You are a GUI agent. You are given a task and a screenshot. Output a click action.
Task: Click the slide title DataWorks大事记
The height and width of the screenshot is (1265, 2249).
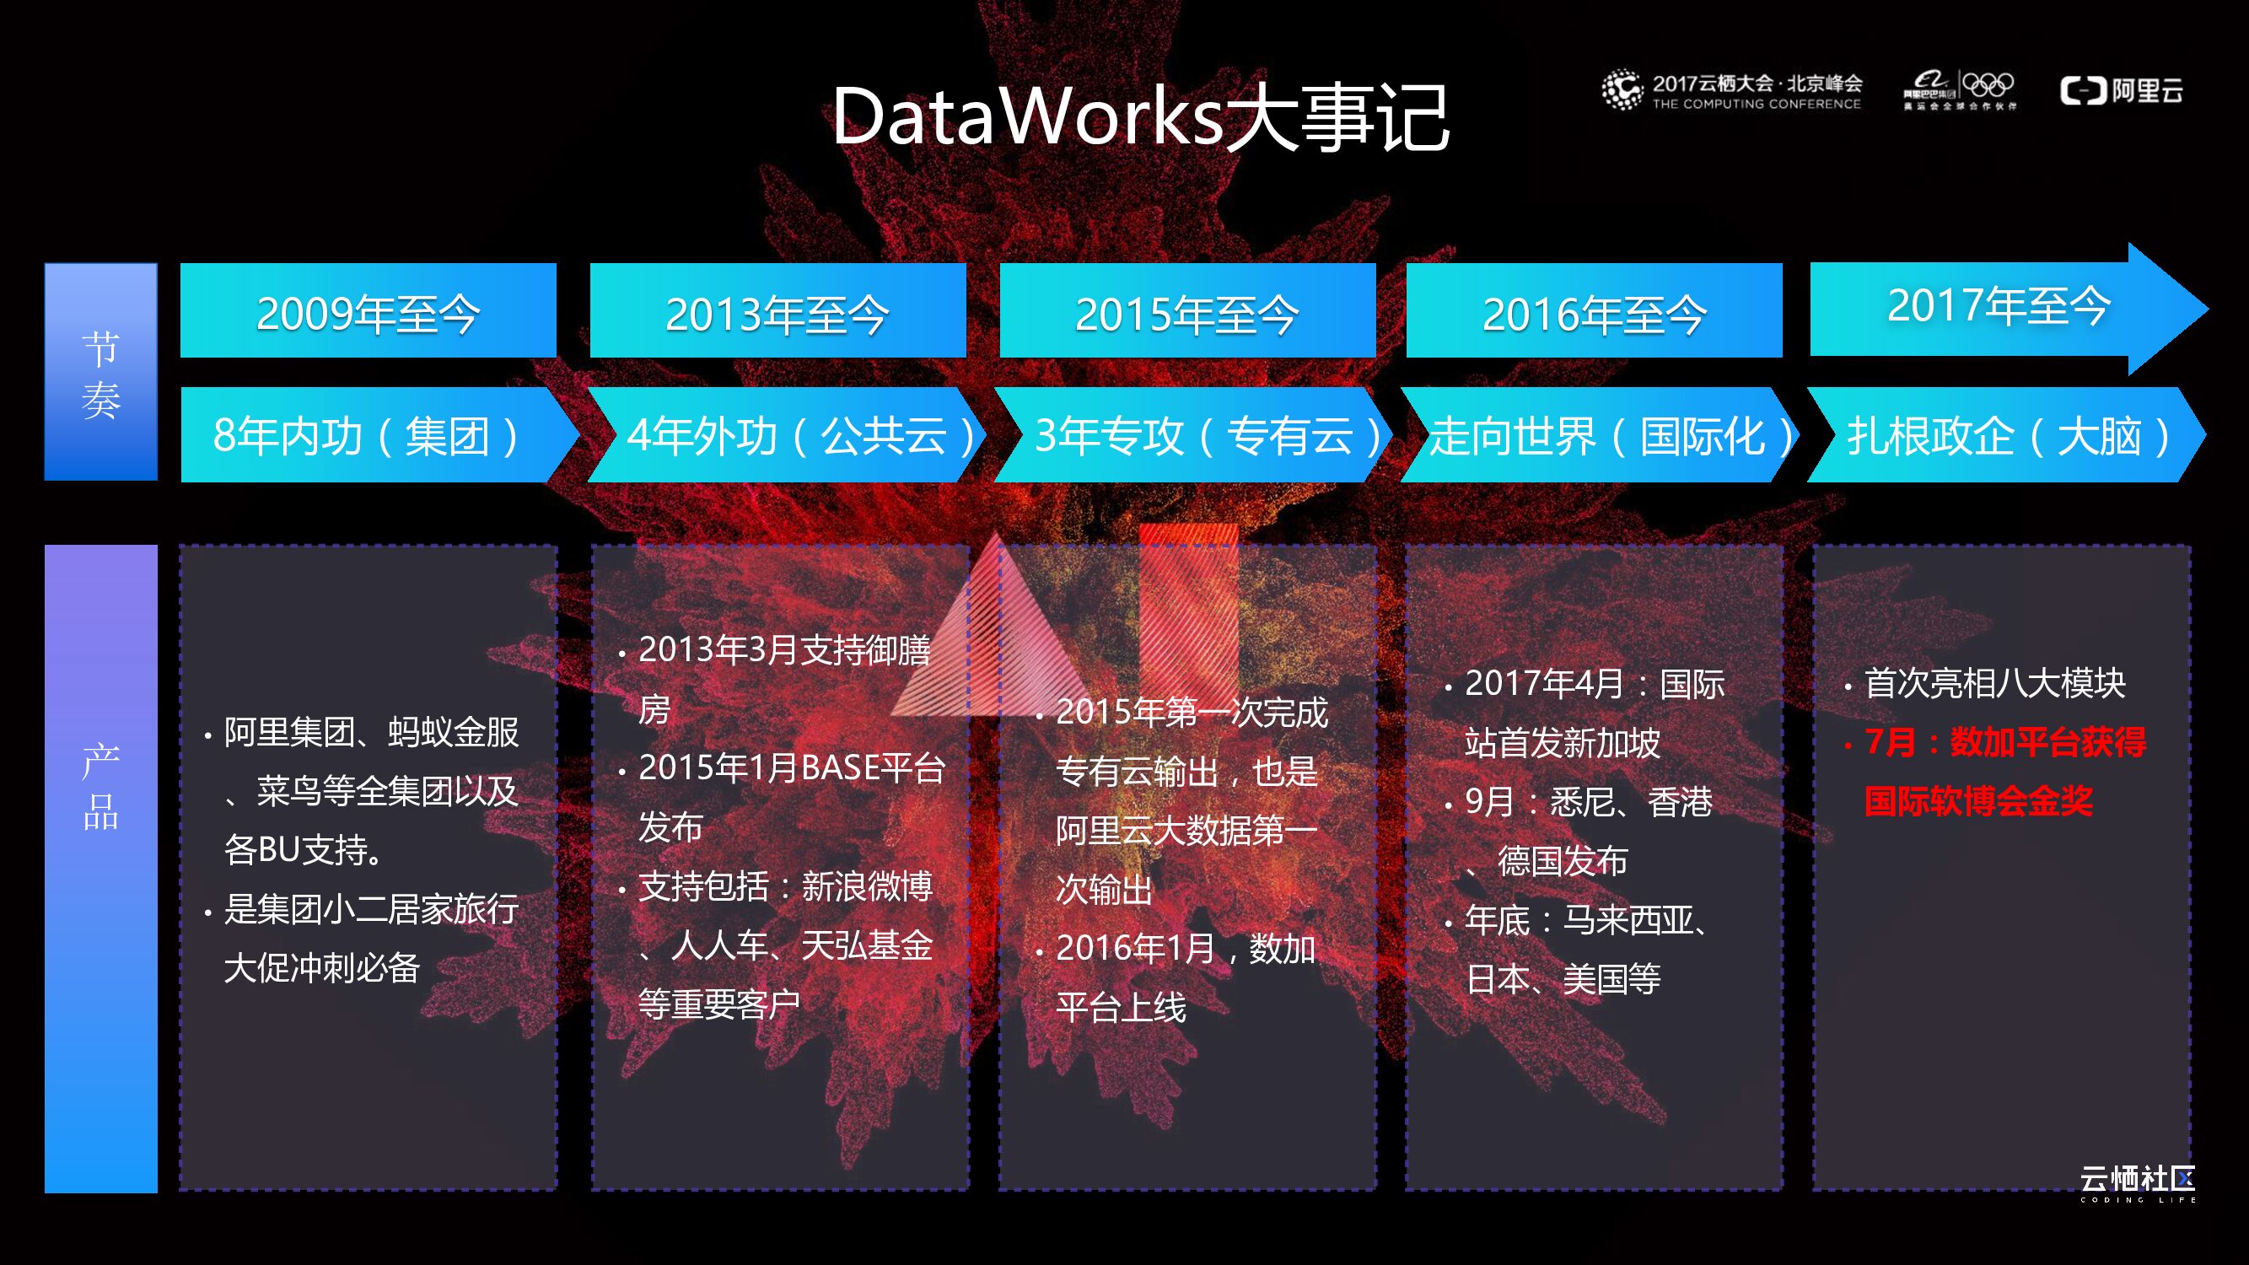pyautogui.click(x=1140, y=117)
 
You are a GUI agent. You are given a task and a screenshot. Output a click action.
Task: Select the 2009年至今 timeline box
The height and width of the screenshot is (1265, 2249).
pyautogui.click(x=368, y=312)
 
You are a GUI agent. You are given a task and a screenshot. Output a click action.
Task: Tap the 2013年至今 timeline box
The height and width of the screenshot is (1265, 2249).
pyautogui.click(x=777, y=312)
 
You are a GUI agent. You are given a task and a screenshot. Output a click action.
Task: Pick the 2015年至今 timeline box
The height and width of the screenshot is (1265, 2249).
pyautogui.click(x=1186, y=312)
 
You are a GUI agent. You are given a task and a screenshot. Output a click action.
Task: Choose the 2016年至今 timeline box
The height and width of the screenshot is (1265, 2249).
pyautogui.click(x=1593, y=312)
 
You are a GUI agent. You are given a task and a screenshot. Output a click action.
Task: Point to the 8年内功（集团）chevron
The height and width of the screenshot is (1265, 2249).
pyautogui.click(x=367, y=435)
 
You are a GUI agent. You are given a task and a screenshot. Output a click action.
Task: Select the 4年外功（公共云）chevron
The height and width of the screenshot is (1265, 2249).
pyautogui.click(x=786, y=435)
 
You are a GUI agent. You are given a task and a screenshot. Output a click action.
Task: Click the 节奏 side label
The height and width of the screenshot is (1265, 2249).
pyautogui.click(x=101, y=373)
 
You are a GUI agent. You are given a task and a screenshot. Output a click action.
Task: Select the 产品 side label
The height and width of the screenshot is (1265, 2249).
pyautogui.click(x=101, y=786)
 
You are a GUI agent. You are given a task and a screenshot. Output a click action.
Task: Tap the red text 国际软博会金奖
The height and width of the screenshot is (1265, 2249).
pyautogui.click(x=1978, y=801)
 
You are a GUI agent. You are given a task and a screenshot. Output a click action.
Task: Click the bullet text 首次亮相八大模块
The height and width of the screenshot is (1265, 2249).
pyautogui.click(x=1994, y=684)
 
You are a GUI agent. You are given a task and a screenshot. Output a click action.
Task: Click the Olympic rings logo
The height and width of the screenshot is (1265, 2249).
pyautogui.click(x=1988, y=85)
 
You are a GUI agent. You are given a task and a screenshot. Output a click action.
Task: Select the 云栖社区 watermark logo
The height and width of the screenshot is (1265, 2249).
pyautogui.click(x=2137, y=1181)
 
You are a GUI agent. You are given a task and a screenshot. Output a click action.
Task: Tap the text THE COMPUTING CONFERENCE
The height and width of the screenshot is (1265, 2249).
pyautogui.click(x=1756, y=104)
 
